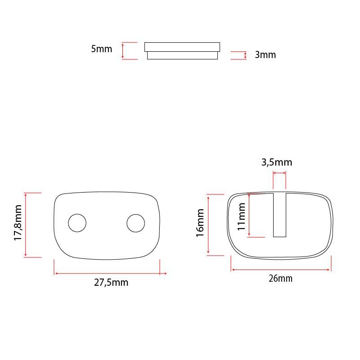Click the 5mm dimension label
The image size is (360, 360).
[101, 49]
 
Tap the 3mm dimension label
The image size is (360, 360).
[265, 55]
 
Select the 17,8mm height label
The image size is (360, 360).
[18, 223]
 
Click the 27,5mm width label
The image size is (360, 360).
[111, 283]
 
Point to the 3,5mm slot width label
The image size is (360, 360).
[277, 162]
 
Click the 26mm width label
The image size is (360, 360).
[280, 279]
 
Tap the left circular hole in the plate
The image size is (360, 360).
[77, 223]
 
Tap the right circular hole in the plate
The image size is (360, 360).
[135, 223]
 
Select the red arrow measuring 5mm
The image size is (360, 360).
[123, 50]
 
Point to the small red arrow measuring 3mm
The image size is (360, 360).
[245, 55]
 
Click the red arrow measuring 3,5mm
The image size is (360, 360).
[279, 173]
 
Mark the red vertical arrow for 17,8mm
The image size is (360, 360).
[26, 225]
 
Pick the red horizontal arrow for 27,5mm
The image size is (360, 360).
[110, 273]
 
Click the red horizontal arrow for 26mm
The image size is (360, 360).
[281, 270]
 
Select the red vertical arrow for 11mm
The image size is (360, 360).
[249, 216]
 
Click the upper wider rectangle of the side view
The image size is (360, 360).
[182, 46]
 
